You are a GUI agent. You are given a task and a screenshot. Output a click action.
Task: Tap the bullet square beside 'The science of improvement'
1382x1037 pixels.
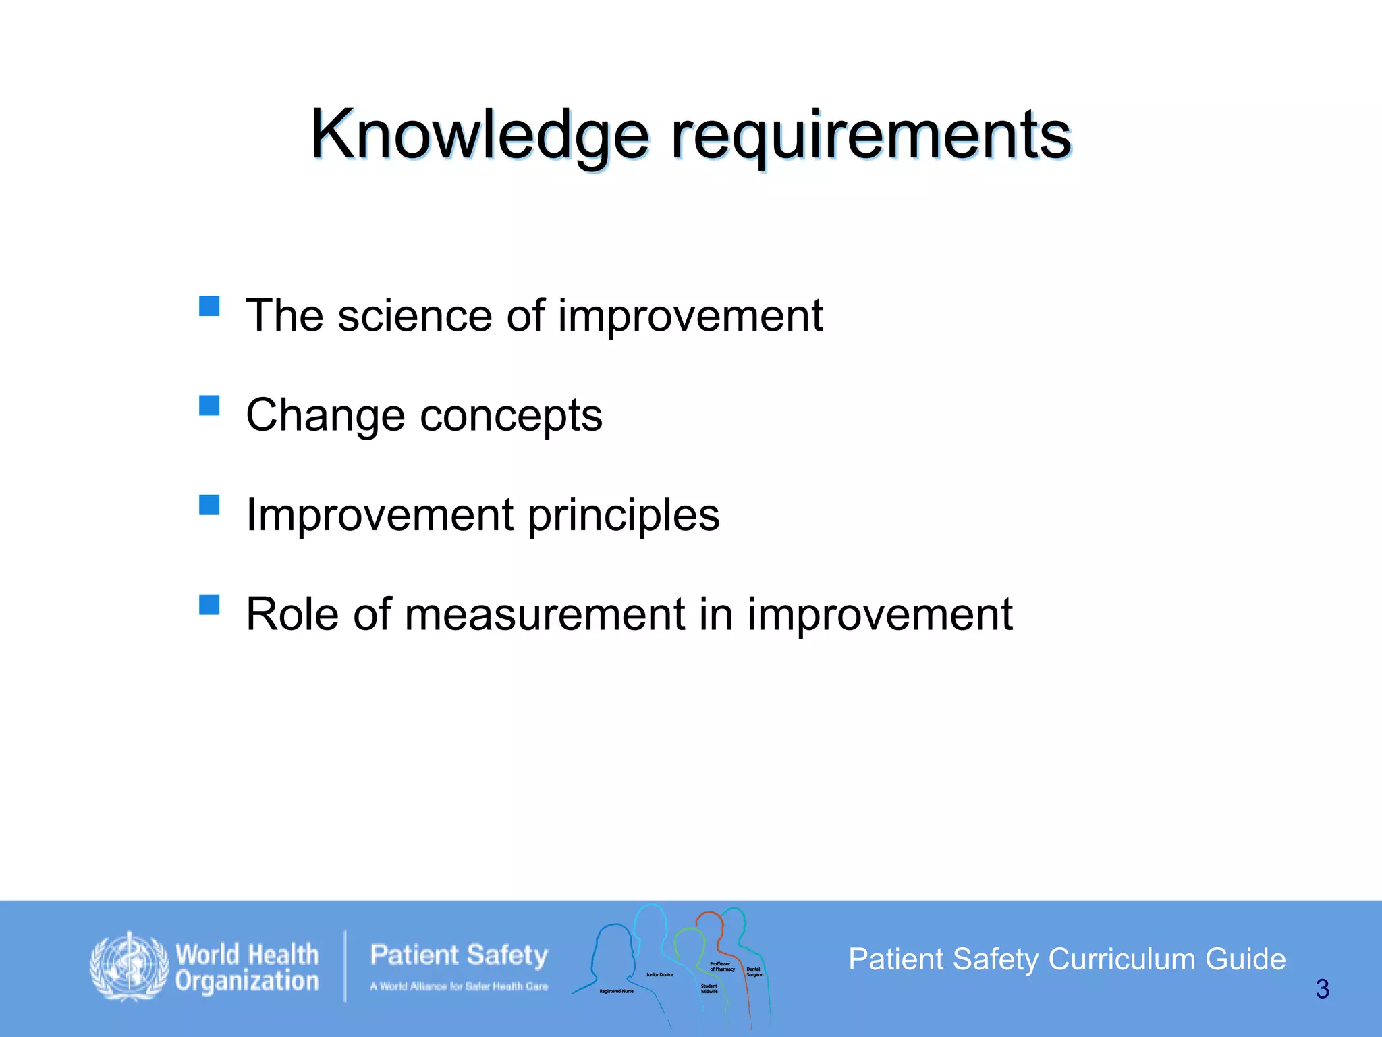pyautogui.click(x=209, y=307)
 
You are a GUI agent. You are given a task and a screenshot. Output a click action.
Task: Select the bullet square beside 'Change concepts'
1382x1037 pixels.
pyautogui.click(x=209, y=406)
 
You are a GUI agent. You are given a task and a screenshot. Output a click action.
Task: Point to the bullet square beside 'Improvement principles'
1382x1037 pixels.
pyautogui.click(x=209, y=505)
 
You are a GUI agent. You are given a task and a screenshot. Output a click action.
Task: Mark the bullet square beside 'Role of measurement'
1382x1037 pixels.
pyautogui.click(x=209, y=604)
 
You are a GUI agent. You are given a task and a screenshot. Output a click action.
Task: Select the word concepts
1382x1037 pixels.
pyautogui.click(x=511, y=415)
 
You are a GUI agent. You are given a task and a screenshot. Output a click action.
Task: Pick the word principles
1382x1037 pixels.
pyautogui.click(x=624, y=515)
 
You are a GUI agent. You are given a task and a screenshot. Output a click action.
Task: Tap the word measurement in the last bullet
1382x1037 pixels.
pyautogui.click(x=545, y=614)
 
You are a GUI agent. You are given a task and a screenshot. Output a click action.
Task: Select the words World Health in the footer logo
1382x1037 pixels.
pyautogui.click(x=247, y=955)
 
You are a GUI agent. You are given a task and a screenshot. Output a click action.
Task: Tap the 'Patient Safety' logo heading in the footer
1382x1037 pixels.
pyautogui.click(x=459, y=955)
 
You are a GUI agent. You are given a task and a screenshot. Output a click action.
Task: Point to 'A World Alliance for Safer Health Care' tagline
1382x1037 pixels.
pyautogui.click(x=459, y=986)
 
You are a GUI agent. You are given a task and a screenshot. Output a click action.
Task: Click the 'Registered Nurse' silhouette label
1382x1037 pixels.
pyautogui.click(x=616, y=991)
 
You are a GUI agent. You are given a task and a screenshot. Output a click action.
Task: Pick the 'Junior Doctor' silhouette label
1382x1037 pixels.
pyautogui.click(x=659, y=974)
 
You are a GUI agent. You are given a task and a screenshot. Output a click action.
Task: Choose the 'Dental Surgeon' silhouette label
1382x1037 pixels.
pyautogui.click(x=754, y=972)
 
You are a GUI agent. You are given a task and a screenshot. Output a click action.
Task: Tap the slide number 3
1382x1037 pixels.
pyautogui.click(x=1322, y=989)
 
